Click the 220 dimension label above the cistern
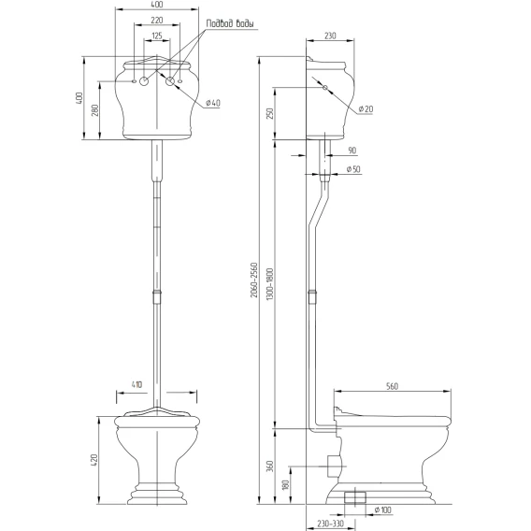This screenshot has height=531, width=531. click(157, 21)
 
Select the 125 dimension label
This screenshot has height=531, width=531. click(157, 36)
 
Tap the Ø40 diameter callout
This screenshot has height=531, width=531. click(213, 103)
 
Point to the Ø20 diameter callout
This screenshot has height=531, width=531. click(366, 108)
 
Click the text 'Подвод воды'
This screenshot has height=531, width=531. click(230, 23)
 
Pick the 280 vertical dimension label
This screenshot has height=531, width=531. click(95, 110)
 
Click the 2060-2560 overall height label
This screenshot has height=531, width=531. click(254, 280)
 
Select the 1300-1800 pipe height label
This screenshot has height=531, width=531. click(270, 283)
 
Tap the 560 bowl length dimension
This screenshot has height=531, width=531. click(392, 386)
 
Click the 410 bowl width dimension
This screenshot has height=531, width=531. click(136, 385)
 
